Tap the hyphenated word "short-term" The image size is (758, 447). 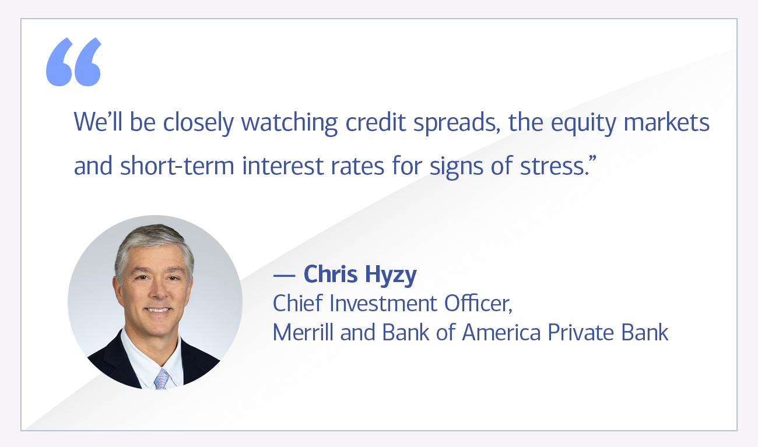(177, 166)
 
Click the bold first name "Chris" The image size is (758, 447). (329, 274)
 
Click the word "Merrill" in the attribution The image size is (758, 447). (301, 332)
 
